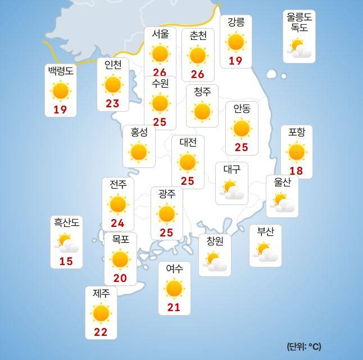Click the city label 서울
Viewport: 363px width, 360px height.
[x=160, y=35]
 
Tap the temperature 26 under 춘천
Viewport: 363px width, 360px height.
[x=198, y=74]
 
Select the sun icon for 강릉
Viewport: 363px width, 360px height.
[x=235, y=42]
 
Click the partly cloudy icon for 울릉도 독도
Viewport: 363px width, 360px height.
[x=299, y=49]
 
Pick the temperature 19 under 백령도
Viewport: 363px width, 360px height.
[x=60, y=110]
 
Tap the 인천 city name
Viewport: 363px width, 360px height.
[x=113, y=65]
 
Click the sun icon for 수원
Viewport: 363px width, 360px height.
[x=160, y=103]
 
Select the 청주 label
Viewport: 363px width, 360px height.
[x=202, y=92]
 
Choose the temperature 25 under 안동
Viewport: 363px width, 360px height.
[x=241, y=148]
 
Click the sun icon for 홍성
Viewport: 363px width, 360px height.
[x=138, y=152]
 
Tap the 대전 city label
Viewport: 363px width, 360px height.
[x=188, y=142]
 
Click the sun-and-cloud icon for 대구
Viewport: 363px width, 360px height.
[x=232, y=190]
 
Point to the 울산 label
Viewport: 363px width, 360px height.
[x=282, y=182]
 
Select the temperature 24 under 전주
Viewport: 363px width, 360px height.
[x=117, y=223]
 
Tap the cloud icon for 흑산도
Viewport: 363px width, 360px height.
[x=67, y=244]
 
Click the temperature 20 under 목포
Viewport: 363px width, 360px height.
[x=120, y=277]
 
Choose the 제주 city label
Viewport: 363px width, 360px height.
[x=101, y=293]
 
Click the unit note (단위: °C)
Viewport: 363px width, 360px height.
[x=303, y=346]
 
